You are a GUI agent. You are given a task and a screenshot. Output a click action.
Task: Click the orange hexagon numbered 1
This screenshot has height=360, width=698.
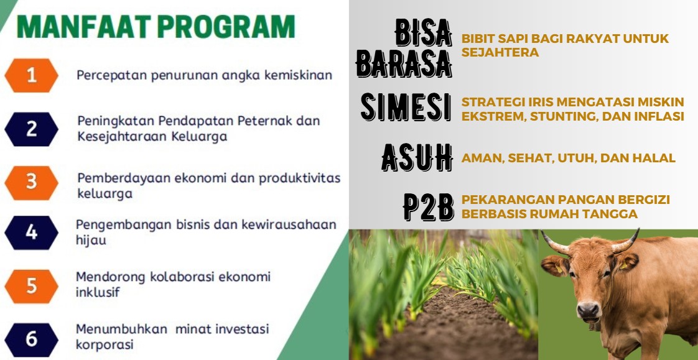pos(31,75)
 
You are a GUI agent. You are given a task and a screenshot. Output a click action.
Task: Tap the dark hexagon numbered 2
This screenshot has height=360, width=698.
pos(31,129)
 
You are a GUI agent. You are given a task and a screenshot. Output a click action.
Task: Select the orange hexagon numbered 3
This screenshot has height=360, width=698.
pos(31,183)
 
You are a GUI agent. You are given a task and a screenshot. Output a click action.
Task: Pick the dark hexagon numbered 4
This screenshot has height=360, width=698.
pos(31,233)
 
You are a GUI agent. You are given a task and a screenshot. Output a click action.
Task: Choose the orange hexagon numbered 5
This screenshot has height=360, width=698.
pos(31,286)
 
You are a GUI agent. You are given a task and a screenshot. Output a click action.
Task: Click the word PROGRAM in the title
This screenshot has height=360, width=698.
pos(226,27)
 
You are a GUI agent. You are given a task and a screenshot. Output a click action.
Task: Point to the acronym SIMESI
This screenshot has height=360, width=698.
pos(406,107)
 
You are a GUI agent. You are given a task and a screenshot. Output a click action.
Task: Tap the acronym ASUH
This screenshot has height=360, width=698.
pos(417,157)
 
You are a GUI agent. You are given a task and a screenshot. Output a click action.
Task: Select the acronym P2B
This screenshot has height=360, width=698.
pos(428,207)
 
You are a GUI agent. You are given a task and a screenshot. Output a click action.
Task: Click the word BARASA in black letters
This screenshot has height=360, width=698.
pos(404,63)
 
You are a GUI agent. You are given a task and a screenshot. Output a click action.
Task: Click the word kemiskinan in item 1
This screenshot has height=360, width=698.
pos(298,75)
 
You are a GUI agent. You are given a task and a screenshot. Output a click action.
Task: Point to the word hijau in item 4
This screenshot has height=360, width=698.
pos(91,240)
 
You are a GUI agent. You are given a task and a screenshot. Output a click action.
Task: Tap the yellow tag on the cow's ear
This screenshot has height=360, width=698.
pos(557,269)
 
